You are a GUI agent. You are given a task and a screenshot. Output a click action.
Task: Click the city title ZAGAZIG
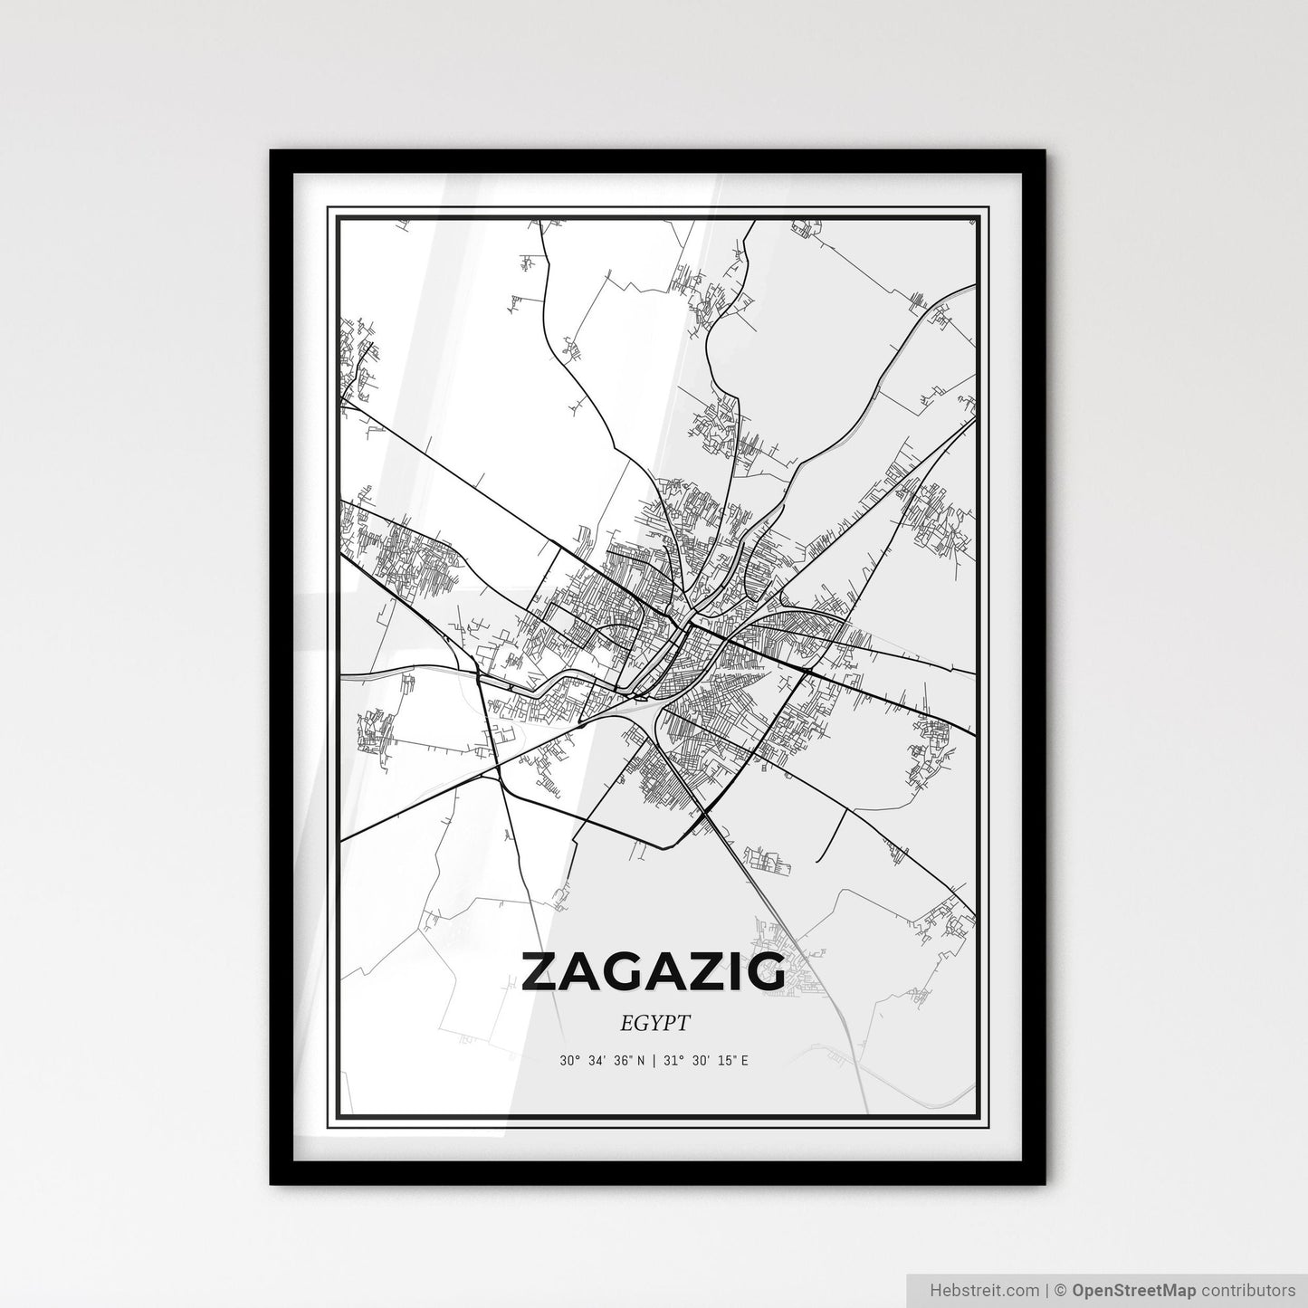(654, 971)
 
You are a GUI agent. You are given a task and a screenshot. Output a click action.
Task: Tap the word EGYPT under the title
(655, 1024)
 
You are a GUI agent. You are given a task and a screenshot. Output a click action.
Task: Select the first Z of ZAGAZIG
(540, 971)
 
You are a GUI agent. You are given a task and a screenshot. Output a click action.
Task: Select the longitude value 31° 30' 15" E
(705, 1060)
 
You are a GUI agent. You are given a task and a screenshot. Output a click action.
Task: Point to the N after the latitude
(641, 1060)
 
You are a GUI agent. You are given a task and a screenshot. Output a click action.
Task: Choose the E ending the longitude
(745, 1060)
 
